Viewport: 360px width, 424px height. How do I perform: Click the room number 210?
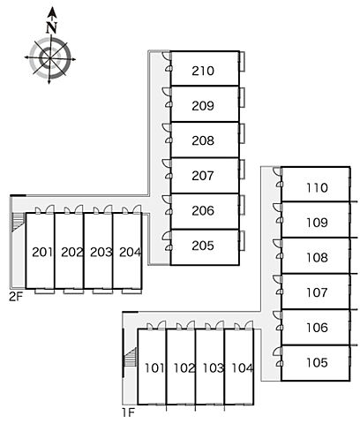point(203,71)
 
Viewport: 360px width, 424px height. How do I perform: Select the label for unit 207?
point(203,176)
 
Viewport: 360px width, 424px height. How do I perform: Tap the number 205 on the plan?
point(203,246)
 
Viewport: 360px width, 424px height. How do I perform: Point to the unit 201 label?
point(42,252)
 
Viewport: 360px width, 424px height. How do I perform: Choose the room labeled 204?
point(131,252)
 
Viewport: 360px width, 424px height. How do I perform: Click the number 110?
point(317,187)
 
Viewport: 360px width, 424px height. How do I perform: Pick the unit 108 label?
point(317,258)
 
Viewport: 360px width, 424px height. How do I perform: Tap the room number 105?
point(317,362)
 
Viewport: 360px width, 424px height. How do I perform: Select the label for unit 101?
point(154,368)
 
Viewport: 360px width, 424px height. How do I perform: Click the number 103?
point(214,368)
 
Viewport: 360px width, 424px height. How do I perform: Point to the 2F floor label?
point(16,297)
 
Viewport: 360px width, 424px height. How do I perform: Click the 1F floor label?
point(129,413)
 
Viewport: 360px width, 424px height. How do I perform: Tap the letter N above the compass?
point(51,27)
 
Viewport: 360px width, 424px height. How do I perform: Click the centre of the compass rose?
point(50,58)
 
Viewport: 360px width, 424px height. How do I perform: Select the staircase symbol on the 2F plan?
point(18,222)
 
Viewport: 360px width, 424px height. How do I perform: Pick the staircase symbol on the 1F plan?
point(130,357)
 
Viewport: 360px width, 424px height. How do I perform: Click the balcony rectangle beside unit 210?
point(242,61)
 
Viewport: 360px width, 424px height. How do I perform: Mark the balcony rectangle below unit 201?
point(45,291)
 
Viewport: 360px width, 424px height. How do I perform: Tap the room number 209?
point(203,106)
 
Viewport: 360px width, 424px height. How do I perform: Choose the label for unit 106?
point(317,328)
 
